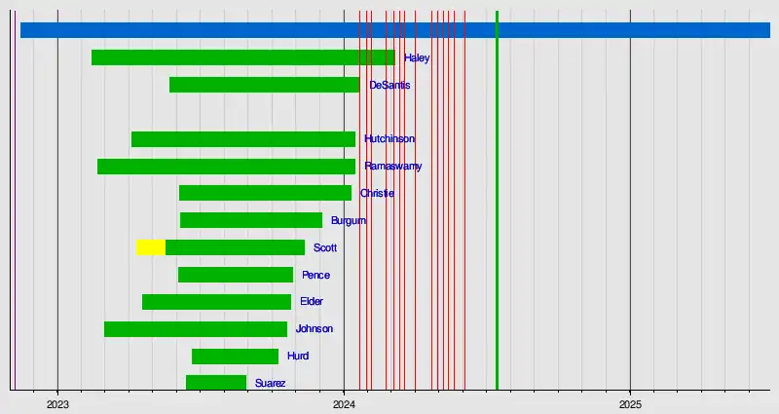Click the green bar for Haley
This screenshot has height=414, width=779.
[243, 57]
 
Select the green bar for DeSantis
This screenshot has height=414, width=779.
[264, 85]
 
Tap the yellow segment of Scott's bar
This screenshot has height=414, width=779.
[151, 247]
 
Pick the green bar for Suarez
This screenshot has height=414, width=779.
[216, 383]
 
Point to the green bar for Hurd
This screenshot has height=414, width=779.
[235, 357]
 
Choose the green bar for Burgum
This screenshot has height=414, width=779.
[251, 220]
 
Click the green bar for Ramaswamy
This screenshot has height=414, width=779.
[226, 167]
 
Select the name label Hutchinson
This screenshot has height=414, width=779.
[389, 139]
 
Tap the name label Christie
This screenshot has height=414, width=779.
[377, 193]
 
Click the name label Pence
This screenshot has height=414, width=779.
[315, 275]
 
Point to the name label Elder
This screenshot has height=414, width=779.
[312, 302]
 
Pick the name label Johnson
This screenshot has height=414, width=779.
[315, 329]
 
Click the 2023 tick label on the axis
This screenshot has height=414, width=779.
[57, 403]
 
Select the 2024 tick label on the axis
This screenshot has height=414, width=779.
[344, 403]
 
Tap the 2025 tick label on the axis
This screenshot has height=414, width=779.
[630, 403]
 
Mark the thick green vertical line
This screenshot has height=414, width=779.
[497, 195]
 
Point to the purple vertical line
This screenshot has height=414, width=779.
[15, 195]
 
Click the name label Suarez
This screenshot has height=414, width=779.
[271, 384]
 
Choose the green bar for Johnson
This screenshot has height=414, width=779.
[196, 329]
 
